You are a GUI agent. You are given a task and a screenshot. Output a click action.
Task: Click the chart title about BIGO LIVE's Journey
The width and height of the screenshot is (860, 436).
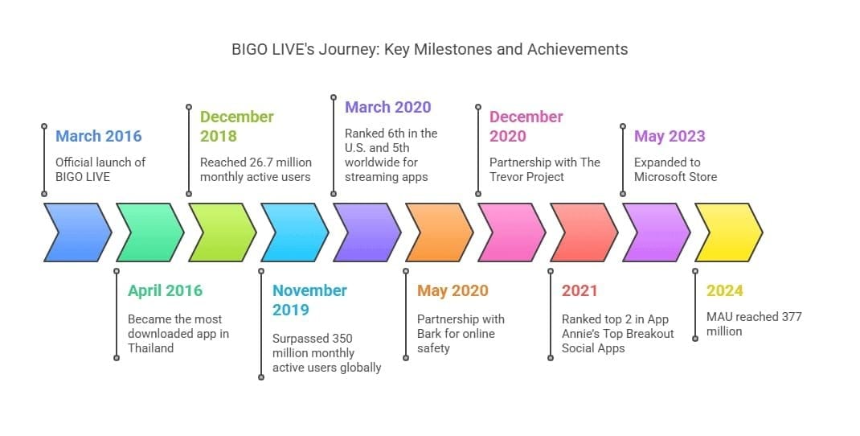coord(429,49)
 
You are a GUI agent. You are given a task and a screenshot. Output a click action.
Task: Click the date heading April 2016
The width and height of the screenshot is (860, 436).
coord(165,290)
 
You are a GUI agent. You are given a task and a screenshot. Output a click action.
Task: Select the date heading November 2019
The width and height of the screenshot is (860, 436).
coord(309,300)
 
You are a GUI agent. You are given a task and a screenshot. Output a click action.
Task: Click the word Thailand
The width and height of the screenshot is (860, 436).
coord(150,348)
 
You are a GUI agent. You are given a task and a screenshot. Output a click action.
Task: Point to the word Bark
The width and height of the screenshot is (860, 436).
coord(432,334)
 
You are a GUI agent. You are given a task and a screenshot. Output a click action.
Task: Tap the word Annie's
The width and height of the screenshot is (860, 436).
coord(585,334)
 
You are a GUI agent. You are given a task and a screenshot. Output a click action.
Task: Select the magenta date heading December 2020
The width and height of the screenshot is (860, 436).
coord(526,126)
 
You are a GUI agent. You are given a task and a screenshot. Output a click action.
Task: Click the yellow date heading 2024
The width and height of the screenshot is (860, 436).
coord(724,290)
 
